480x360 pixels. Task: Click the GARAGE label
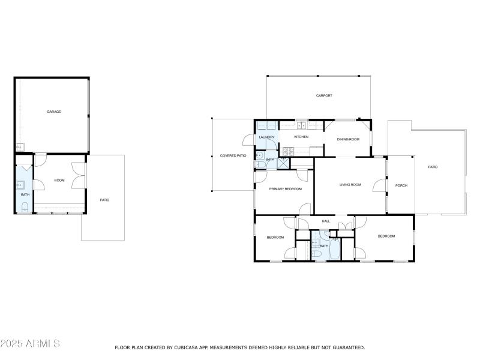[x=54, y=112]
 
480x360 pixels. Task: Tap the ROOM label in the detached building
[x=59, y=180]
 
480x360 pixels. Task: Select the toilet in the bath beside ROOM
[x=25, y=208]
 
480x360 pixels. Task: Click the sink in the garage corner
[x=20, y=146]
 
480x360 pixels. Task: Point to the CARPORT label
[x=324, y=95]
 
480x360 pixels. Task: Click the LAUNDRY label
[x=266, y=137]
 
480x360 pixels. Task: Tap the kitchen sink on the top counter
[x=302, y=125]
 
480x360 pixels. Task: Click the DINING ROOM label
[x=348, y=139]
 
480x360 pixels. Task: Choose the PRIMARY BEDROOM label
[x=285, y=189]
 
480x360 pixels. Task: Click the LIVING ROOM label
[x=350, y=185]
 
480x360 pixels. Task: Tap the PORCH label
[x=401, y=185]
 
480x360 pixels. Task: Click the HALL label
[x=326, y=221]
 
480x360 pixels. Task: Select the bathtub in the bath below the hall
[x=334, y=248]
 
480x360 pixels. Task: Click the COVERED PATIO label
[x=233, y=155]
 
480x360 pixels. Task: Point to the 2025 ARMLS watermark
[x=30, y=344]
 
